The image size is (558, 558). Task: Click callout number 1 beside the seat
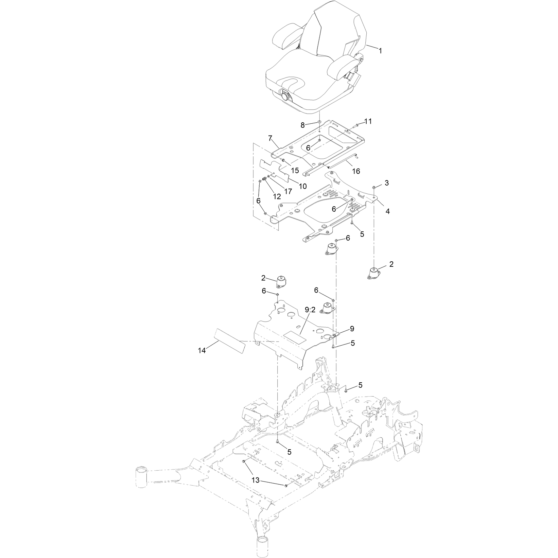point(380,51)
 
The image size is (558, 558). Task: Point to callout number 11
point(368,121)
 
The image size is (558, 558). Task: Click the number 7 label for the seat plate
point(270,138)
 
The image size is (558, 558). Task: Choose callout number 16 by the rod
point(356,171)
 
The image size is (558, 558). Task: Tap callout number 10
point(302,186)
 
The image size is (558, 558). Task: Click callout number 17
point(288,191)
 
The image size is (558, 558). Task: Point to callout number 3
point(386,183)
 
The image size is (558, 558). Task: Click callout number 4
point(387,211)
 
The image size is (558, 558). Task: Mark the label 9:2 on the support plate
point(310,320)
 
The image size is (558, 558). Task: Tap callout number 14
point(202,350)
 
